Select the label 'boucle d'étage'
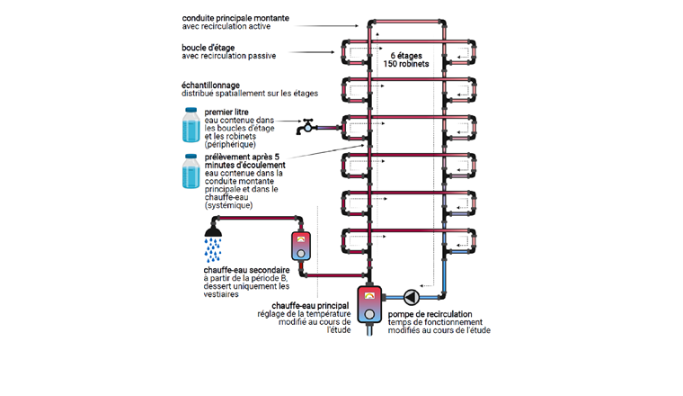208,47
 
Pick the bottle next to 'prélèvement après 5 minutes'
191,171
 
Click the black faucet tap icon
308,125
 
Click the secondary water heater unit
301,245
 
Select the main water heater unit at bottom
369,303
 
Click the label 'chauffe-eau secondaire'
244,270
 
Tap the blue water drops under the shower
213,245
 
